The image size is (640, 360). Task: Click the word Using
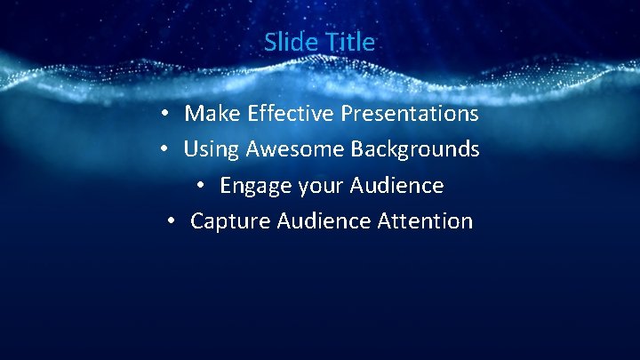[x=212, y=149]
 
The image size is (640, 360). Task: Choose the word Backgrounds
[x=414, y=149]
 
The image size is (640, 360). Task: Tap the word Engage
[x=252, y=186]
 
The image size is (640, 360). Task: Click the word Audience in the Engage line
[x=396, y=186]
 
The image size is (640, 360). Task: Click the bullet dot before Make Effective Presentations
[x=166, y=115]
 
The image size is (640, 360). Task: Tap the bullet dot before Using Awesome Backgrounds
[x=165, y=150]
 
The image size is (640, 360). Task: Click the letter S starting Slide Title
[x=269, y=42]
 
